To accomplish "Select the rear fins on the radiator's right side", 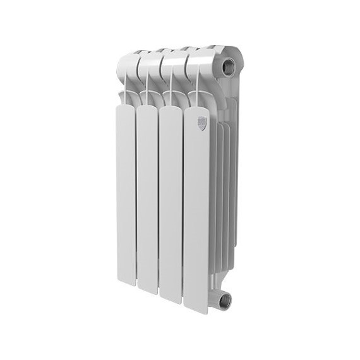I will [224, 189].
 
